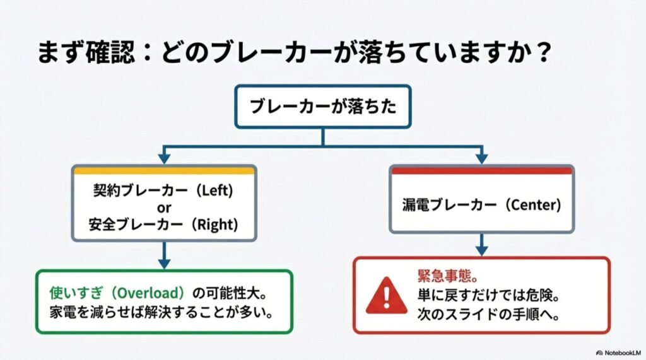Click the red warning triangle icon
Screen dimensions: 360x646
(386, 295)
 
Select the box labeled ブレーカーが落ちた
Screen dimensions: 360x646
(323, 107)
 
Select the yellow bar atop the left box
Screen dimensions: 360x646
(164, 170)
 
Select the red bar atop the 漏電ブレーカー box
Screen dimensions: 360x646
(481, 170)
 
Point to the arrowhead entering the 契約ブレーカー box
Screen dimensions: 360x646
(164, 160)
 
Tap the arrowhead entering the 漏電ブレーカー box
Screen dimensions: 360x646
(481, 160)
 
